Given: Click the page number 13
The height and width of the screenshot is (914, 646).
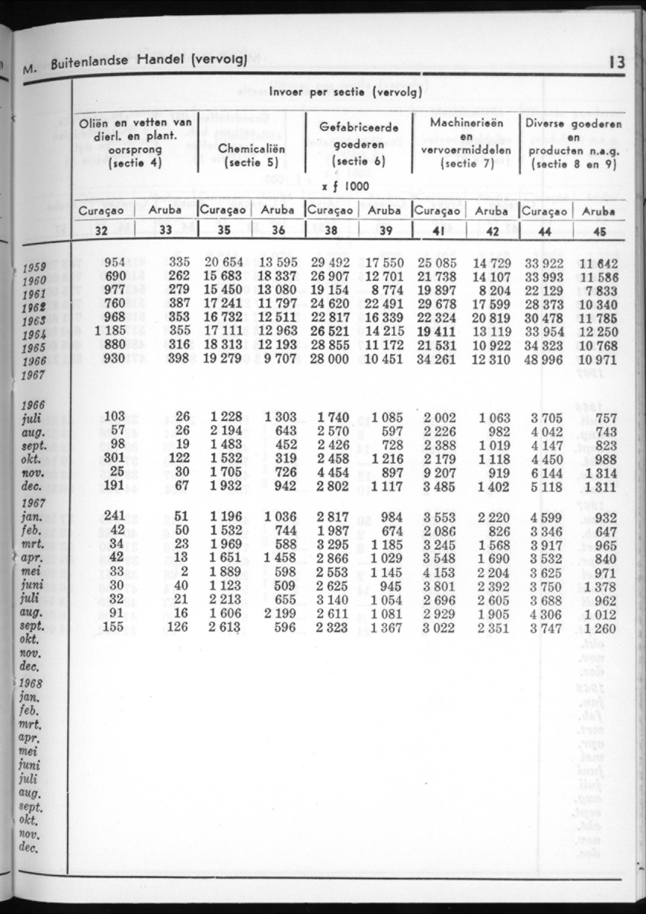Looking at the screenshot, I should tap(616, 62).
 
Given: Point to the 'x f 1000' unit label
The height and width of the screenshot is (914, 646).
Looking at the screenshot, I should tap(347, 185).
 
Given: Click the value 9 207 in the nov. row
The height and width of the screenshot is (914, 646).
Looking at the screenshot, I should tap(440, 474).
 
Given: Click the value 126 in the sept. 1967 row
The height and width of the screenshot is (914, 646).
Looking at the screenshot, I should tap(177, 628).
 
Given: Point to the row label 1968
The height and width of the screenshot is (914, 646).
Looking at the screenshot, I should tap(32, 682).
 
